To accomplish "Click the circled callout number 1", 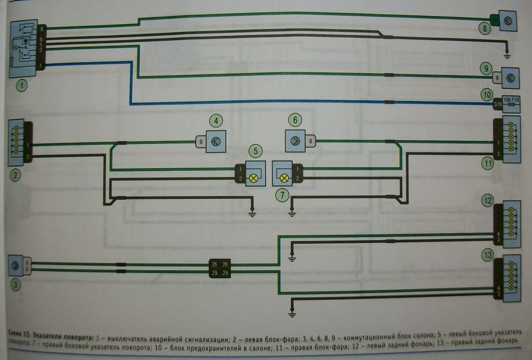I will [x=21, y=86].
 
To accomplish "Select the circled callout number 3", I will [x=16, y=285].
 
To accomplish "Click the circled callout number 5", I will [x=255, y=152].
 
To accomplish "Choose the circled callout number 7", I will [x=282, y=195].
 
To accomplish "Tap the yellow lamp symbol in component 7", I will [x=284, y=178].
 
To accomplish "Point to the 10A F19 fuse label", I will [x=511, y=101].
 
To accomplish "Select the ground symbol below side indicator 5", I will [x=253, y=214].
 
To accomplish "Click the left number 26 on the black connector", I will [x=213, y=264].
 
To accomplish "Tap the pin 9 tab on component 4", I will [x=200, y=142].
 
